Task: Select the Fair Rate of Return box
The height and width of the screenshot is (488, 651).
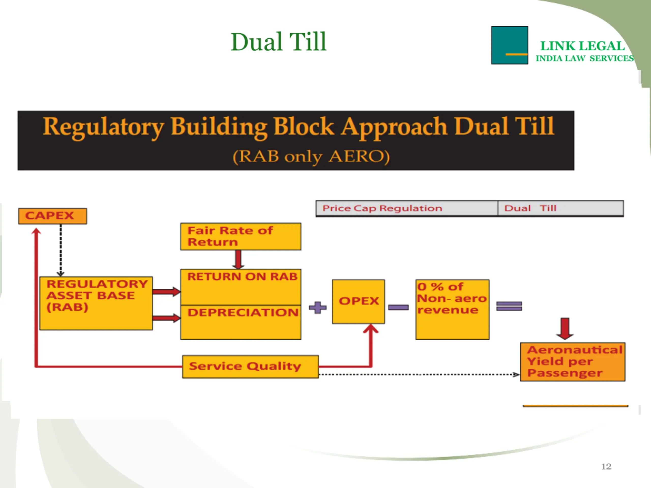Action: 241,236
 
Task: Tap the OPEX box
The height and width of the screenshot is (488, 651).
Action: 358,301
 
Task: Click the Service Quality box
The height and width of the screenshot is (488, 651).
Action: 250,367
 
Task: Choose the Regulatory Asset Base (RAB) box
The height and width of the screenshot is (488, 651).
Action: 96,303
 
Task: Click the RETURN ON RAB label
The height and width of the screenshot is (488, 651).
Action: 242,277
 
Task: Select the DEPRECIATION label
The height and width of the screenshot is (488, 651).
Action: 243,312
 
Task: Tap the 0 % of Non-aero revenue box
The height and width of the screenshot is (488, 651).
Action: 452,310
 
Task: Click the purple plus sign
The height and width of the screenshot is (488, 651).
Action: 318,308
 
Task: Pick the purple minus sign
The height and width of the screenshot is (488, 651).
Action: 398,307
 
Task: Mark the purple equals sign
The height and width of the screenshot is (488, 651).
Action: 509,306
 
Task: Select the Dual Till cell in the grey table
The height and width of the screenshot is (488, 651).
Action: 561,208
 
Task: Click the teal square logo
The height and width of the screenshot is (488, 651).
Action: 509,45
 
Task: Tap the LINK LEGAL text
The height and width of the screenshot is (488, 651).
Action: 582,46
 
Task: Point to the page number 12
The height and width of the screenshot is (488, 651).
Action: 606,467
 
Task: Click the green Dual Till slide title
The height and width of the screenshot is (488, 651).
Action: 278,42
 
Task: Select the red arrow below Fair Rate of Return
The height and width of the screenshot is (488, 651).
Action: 238,260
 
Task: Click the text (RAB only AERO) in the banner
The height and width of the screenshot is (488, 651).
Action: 311,156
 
